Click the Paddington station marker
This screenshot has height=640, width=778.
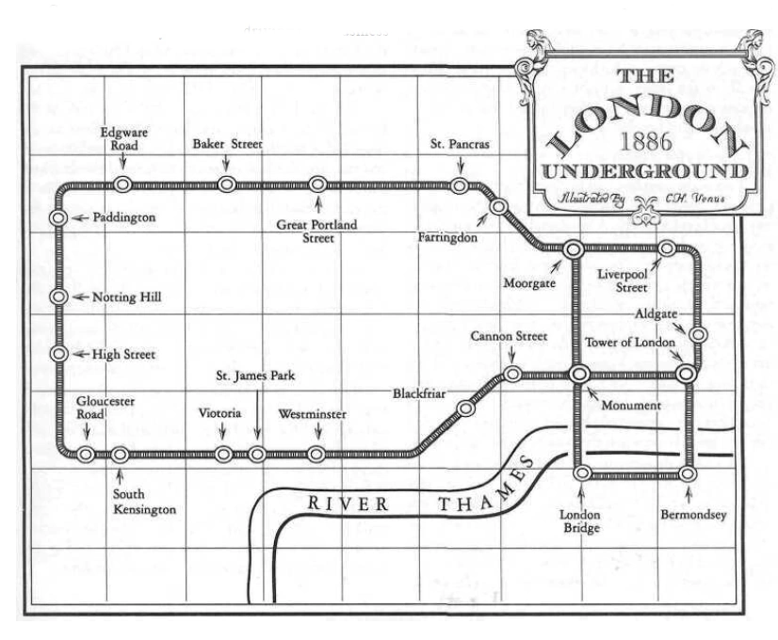58,217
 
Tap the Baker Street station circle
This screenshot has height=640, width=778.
226,184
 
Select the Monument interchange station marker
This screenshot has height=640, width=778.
578,374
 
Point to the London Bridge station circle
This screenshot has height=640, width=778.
583,472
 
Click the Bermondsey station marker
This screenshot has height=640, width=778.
688,472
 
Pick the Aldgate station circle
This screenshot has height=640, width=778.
698,334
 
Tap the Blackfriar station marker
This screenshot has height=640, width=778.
465,408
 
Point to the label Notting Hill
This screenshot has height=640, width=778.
127,297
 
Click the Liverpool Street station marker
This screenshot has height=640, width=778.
666,248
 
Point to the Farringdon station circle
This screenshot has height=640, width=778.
499,206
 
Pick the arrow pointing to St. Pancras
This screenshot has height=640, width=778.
460,165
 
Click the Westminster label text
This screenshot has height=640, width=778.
313,414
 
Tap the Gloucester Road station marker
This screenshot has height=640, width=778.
86,454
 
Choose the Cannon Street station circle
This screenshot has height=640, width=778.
512,374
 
